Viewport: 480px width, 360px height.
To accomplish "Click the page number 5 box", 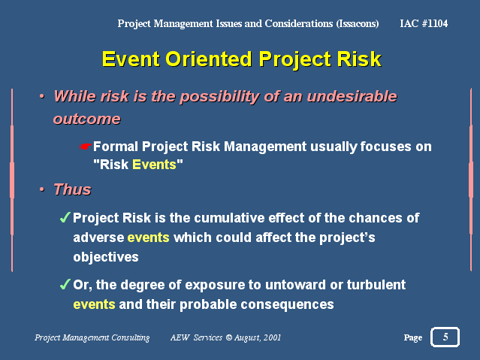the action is [x=445, y=337].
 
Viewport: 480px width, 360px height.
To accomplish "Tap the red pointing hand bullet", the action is [x=85, y=147].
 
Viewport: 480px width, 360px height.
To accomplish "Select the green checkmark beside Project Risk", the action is [x=65, y=217].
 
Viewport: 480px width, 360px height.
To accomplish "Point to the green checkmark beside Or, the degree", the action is [x=65, y=284].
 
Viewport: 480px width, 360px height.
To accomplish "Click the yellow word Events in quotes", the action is [x=154, y=165].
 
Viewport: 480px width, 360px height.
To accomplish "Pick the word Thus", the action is [x=72, y=189].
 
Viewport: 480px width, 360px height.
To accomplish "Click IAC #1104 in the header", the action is [x=424, y=23].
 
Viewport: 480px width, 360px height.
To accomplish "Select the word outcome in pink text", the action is [x=87, y=119].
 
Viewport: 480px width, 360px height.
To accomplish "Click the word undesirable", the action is [x=352, y=96].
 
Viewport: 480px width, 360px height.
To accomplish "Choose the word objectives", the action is [x=106, y=257].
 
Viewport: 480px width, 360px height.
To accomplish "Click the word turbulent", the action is [x=376, y=285].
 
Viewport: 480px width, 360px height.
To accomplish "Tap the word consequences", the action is [x=287, y=304].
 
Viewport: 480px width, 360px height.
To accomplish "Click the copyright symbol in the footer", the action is [x=229, y=337].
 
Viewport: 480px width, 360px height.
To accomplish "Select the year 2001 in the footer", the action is [x=272, y=337].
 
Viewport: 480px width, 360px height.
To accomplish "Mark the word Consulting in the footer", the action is [x=131, y=337].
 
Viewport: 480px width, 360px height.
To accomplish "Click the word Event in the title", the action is [x=131, y=59].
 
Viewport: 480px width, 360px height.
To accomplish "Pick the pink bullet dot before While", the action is [x=42, y=97].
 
